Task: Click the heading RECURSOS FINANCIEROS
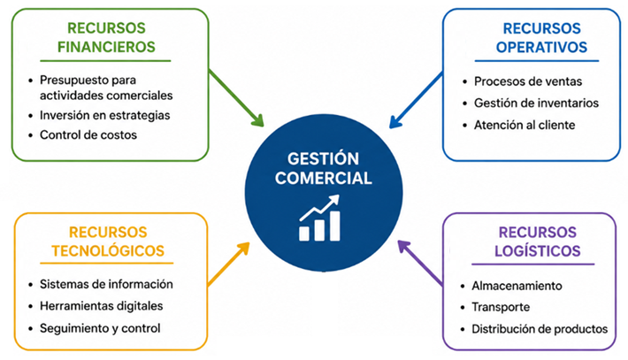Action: coord(106,38)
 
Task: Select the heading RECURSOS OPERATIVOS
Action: coord(541,38)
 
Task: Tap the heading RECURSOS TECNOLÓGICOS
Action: coord(108,241)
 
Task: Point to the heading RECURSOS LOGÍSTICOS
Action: coord(538,241)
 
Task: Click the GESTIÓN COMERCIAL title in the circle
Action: coord(323,169)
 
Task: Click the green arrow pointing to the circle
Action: coord(236,97)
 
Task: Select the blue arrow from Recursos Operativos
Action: coord(416,100)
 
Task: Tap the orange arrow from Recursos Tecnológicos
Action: coord(228,264)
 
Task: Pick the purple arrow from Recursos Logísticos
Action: coord(420,263)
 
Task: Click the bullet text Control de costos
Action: coord(88,135)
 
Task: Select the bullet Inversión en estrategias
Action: coord(105,115)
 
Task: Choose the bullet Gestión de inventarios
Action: coord(536,103)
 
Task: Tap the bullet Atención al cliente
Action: coord(525,126)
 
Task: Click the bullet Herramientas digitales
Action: coord(102,306)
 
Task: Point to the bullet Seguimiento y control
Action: coord(100,328)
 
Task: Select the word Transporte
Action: coord(501,307)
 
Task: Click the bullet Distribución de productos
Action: coord(540,329)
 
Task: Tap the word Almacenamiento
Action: coord(517,286)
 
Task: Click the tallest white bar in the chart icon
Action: coord(335,226)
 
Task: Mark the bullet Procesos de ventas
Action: coord(528,81)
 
